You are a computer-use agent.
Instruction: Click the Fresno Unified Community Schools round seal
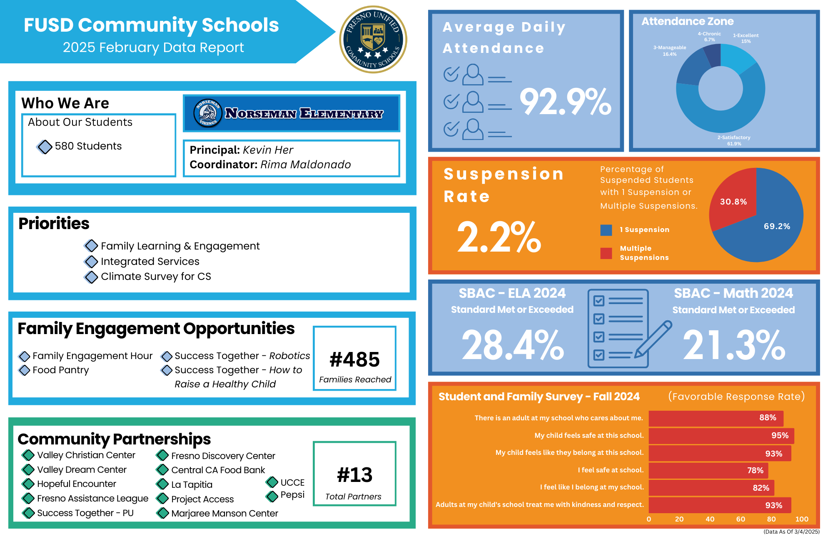(x=373, y=40)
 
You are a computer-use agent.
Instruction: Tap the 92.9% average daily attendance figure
(x=565, y=102)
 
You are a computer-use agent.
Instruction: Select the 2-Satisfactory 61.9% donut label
(x=734, y=140)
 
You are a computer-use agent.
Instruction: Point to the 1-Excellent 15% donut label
(x=746, y=38)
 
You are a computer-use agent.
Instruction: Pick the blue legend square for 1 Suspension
(x=606, y=230)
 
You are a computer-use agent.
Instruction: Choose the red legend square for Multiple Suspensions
(x=606, y=253)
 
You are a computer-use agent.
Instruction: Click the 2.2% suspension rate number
(x=499, y=237)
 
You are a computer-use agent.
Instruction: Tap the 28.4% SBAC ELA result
(x=512, y=345)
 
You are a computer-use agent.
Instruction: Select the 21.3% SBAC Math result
(x=734, y=345)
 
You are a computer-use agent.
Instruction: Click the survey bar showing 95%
(x=721, y=436)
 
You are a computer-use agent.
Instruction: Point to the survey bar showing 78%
(x=708, y=470)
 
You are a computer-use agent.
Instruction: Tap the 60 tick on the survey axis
(x=741, y=519)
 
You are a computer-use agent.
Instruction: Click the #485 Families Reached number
(x=354, y=359)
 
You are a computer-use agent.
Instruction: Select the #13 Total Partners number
(x=354, y=475)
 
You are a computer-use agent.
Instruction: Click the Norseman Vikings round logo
(x=208, y=113)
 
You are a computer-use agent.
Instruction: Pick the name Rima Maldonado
(x=305, y=165)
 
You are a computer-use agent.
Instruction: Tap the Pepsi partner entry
(x=292, y=495)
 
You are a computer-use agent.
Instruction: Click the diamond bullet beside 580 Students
(x=45, y=147)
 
